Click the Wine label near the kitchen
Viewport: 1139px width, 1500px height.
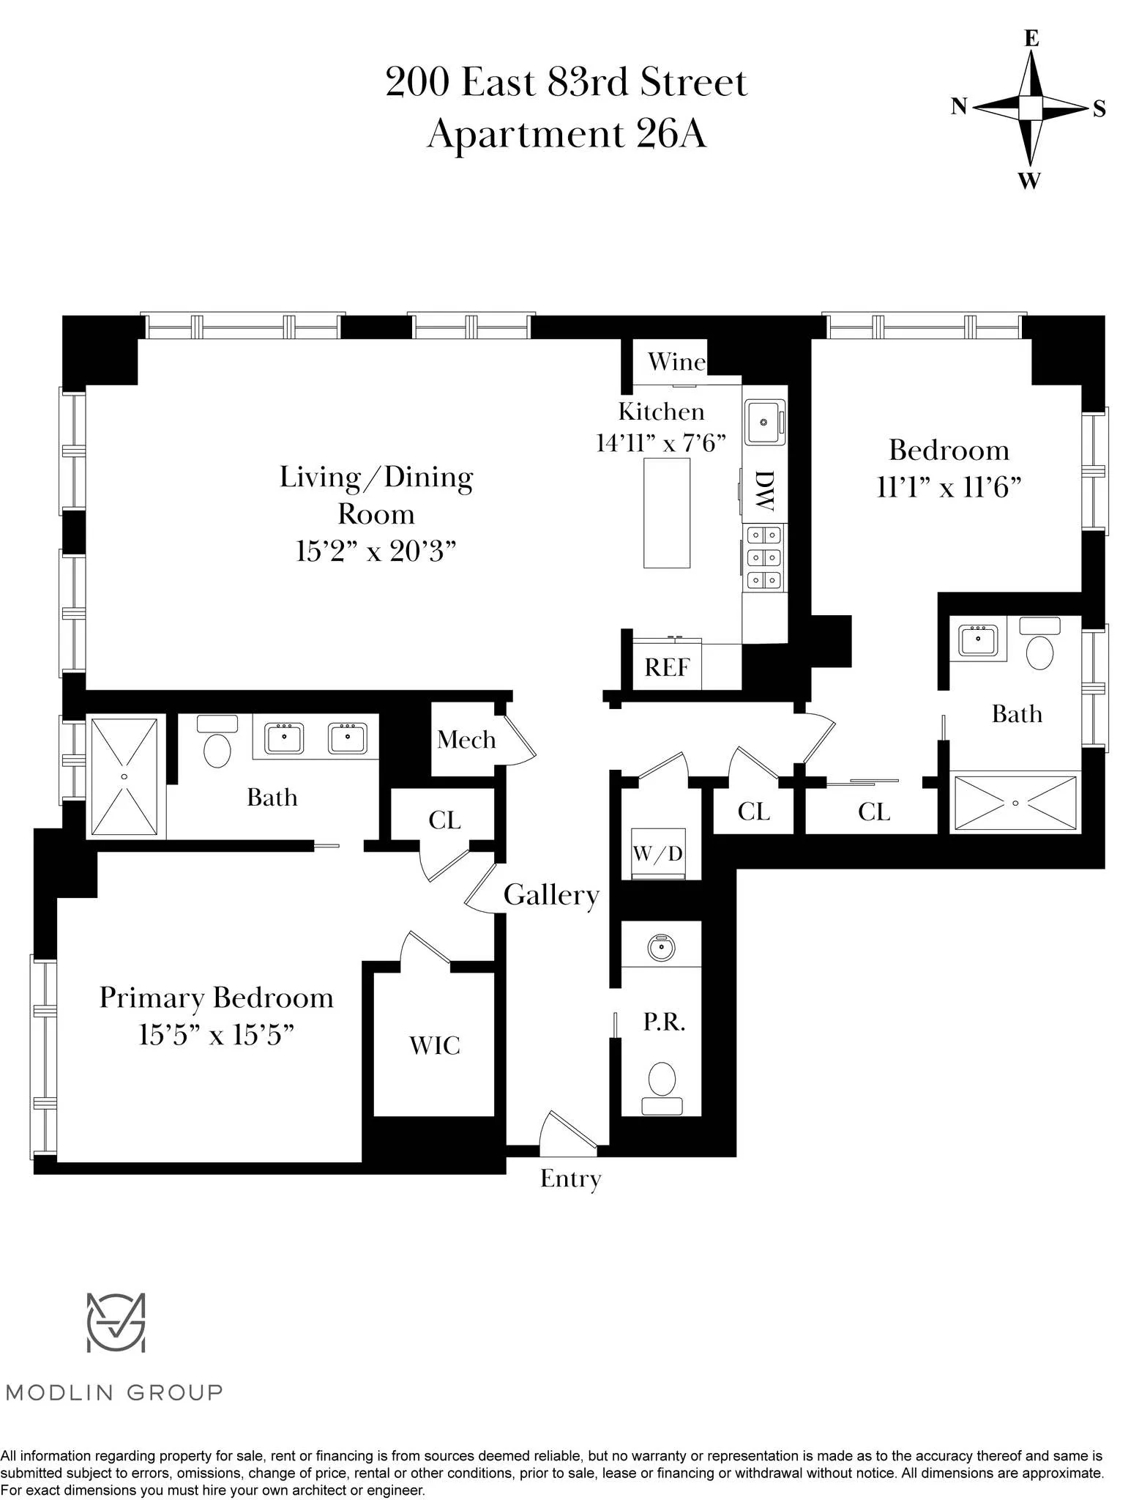(676, 362)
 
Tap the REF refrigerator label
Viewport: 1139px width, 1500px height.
(667, 667)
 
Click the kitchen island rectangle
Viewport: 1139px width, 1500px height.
(667, 513)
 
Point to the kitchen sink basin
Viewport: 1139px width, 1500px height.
(763, 423)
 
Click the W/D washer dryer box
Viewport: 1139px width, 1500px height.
(657, 853)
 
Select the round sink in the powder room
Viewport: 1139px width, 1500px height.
(661, 948)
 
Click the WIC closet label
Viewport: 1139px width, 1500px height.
(435, 1045)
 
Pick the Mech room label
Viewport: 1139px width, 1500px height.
(466, 740)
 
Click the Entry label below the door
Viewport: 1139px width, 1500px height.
(570, 1178)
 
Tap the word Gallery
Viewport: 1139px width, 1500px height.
(551, 895)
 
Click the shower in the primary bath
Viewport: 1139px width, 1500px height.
(124, 776)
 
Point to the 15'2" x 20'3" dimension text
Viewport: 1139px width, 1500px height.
(376, 551)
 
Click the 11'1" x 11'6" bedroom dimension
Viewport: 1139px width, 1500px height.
(949, 487)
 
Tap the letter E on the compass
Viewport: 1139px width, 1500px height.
(1031, 38)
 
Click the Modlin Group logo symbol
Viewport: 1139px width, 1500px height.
(116, 1323)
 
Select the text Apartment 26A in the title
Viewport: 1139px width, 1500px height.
(567, 134)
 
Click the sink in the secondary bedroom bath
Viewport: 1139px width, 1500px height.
(978, 639)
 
